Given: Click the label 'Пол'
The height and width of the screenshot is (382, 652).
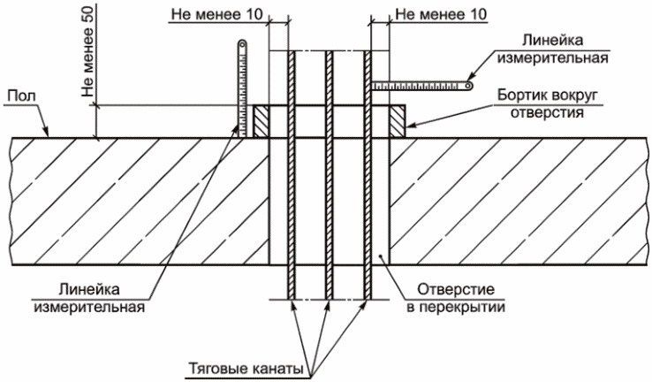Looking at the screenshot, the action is point(22,96).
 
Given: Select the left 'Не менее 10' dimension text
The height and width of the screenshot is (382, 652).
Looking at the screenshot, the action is point(217,14).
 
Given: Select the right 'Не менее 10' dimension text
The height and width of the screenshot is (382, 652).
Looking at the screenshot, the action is point(441,14).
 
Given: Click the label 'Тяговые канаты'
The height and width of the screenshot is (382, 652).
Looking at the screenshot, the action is point(246,369).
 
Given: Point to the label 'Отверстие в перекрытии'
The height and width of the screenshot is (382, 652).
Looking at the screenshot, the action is point(456,298).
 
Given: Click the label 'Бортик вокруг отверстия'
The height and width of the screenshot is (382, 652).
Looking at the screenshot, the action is point(547,103).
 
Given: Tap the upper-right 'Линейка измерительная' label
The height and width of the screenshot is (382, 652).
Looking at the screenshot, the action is point(553,49).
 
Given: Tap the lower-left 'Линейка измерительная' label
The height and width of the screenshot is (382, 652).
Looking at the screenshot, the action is point(89,298).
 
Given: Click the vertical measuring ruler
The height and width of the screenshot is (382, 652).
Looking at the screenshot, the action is point(242,88).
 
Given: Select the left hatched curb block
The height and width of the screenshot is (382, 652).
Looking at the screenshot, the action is point(262,121).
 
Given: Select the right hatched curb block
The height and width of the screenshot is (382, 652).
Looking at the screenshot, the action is point(397,121).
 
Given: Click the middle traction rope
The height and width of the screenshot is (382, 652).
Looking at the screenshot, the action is point(329,175).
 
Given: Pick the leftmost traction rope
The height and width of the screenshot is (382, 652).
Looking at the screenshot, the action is point(291,175).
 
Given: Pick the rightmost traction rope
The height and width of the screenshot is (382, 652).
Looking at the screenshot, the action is point(368,175).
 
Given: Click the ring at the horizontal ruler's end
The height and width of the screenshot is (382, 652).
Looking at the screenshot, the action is point(468,86).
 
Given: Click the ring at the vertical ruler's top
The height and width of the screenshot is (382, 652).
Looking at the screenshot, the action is point(242,43).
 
